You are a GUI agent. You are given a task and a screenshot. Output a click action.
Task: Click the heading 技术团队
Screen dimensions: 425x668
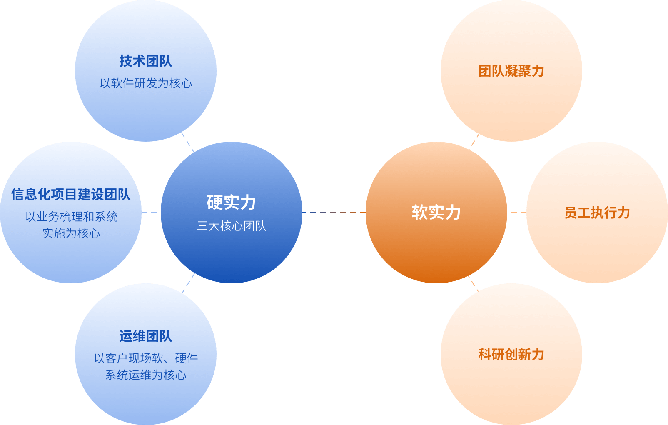[145, 61]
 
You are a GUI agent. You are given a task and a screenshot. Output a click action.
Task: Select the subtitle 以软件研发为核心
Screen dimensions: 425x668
[146, 83]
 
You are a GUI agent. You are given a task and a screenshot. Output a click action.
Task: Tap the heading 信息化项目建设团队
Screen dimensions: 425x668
[71, 194]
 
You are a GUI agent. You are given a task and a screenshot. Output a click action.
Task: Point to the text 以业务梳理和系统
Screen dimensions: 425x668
[71, 217]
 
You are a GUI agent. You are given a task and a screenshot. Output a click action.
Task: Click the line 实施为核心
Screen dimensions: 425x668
[71, 233]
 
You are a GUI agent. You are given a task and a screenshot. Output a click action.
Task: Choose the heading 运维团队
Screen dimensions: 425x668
[145, 336]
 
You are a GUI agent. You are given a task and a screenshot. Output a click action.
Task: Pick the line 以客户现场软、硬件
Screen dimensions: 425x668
[146, 358]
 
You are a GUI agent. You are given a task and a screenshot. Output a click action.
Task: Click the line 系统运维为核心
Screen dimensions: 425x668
[146, 375]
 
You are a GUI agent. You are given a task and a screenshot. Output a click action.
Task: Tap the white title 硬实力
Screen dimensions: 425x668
[231, 202]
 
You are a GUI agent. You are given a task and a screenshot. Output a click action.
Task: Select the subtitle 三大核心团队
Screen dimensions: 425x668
[231, 226]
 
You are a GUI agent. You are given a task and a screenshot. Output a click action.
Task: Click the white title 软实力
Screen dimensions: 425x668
[436, 212]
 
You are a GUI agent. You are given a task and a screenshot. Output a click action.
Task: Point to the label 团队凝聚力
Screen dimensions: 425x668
[511, 71]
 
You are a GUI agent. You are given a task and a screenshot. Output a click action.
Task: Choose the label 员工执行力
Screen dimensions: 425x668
[597, 213]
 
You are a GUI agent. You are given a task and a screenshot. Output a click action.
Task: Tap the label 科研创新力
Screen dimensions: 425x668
[511, 355]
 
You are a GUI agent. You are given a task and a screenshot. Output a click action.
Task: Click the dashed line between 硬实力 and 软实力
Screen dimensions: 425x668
[334, 212]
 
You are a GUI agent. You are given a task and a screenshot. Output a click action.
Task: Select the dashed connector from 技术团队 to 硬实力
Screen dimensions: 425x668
[188, 142]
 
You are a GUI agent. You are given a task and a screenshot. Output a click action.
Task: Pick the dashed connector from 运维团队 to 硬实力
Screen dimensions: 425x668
[188, 283]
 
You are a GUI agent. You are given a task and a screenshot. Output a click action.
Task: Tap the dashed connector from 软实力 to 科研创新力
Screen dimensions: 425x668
[473, 283]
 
